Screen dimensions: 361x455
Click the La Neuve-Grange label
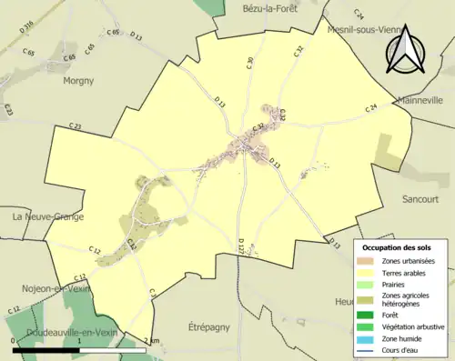click(47, 217)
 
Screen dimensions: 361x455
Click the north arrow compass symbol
click(406, 49)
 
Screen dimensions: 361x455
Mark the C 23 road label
click(74, 127)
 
